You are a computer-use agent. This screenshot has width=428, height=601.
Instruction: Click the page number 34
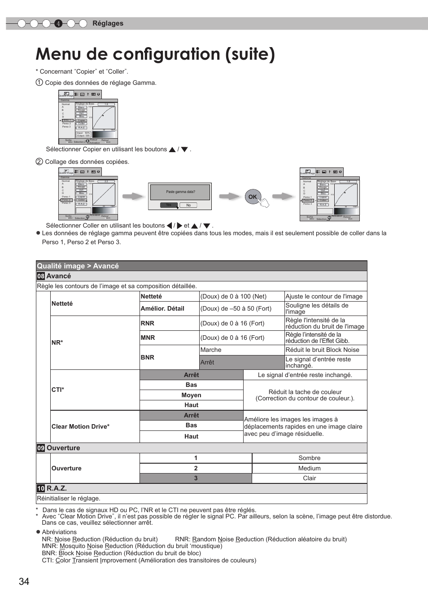pyautogui.click(x=24, y=581)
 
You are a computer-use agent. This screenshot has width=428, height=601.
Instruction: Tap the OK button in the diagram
pyautogui.click(x=253, y=197)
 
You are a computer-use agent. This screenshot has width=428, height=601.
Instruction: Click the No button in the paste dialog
pyautogui.click(x=188, y=205)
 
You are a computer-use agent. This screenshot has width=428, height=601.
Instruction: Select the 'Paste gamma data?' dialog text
pyautogui.click(x=180, y=192)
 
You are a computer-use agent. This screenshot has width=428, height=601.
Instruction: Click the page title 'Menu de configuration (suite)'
pyautogui.click(x=155, y=54)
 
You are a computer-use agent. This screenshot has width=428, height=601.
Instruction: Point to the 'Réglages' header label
pyautogui.click(x=108, y=23)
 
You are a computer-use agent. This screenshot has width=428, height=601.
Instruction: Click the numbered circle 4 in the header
pyautogui.click(x=58, y=24)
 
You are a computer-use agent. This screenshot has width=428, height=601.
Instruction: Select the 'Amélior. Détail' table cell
pyautogui.click(x=162, y=308)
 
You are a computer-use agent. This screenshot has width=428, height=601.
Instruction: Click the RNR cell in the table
pyautogui.click(x=148, y=323)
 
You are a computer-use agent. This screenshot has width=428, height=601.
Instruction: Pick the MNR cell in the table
pyautogui.click(x=148, y=338)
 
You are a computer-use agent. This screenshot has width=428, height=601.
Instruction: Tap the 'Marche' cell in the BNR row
pyautogui.click(x=211, y=350)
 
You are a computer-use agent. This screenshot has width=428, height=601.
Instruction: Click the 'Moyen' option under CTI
pyautogui.click(x=191, y=395)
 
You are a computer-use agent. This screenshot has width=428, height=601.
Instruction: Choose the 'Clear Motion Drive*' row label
pyautogui.click(x=81, y=426)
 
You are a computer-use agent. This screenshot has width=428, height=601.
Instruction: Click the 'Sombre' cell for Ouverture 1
pyautogui.click(x=309, y=458)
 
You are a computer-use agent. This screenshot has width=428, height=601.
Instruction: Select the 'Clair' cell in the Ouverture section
pyautogui.click(x=309, y=478)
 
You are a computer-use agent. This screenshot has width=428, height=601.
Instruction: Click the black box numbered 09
pyautogui.click(x=41, y=448)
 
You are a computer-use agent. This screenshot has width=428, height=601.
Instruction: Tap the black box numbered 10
pyautogui.click(x=41, y=488)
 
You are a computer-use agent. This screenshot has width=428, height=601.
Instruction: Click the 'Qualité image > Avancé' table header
pyautogui.click(x=78, y=266)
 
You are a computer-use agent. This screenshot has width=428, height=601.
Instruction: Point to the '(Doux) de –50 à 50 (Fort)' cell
pyautogui.click(x=236, y=308)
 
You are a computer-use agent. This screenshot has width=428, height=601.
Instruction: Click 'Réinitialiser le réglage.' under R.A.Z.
pyautogui.click(x=69, y=498)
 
